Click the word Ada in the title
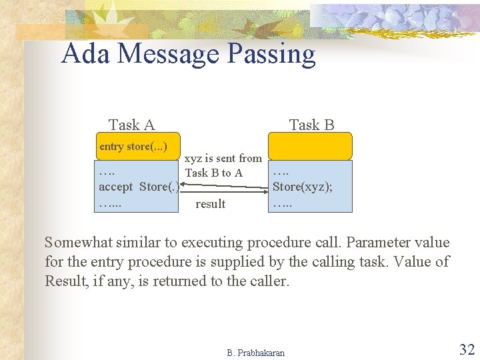click(x=86, y=54)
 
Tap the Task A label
click(x=131, y=125)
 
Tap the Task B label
click(x=311, y=125)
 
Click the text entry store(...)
click(x=133, y=146)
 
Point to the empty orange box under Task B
click(x=310, y=146)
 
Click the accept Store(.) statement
click(x=137, y=187)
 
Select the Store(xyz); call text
click(x=303, y=187)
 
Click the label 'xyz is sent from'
click(x=223, y=159)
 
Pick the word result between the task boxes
click(x=210, y=204)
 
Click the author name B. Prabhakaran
click(x=255, y=353)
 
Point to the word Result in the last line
click(x=67, y=281)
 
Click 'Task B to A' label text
click(x=213, y=173)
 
